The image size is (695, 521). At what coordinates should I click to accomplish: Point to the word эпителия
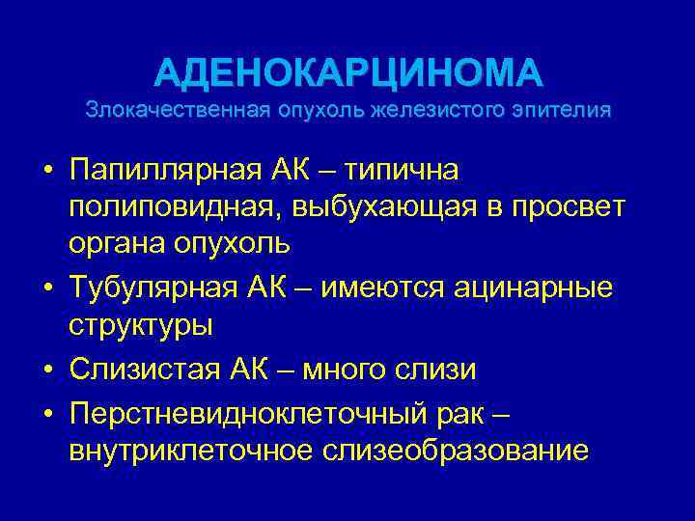coord(562,109)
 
